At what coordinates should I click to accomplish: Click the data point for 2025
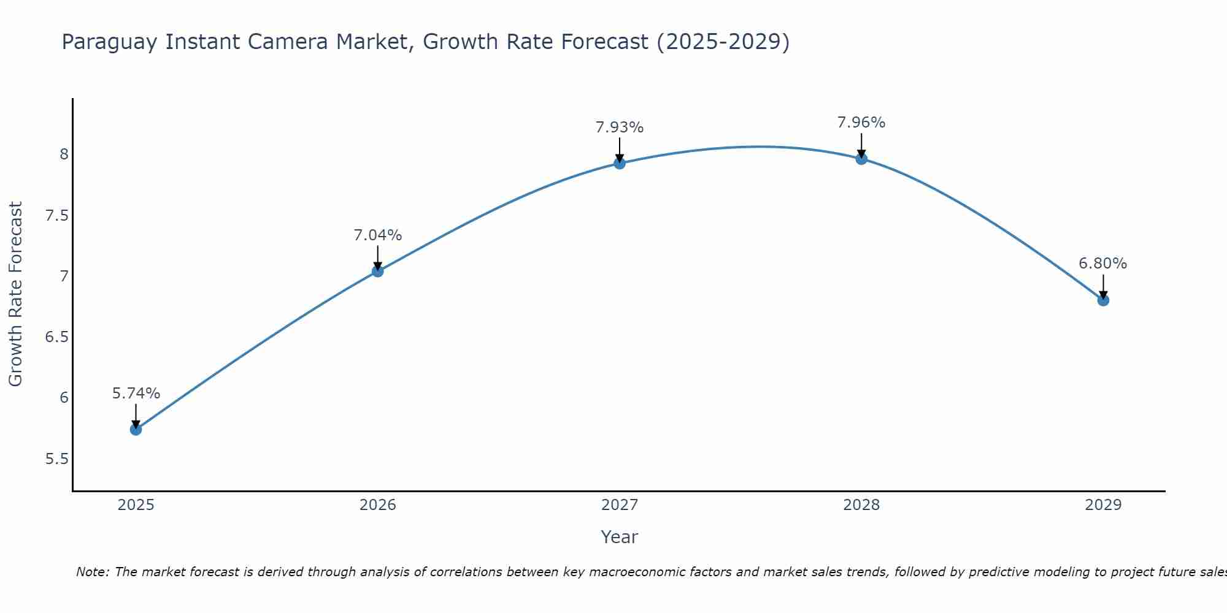[136, 429]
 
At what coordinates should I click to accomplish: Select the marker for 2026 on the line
[377, 271]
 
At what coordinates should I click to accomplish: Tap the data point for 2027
[619, 163]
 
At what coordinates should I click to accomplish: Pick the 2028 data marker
[861, 159]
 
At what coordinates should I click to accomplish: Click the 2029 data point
[1102, 300]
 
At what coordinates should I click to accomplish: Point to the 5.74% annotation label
[136, 394]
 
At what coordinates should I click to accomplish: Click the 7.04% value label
[377, 235]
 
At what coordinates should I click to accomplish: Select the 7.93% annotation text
[619, 128]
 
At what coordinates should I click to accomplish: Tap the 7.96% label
[861, 123]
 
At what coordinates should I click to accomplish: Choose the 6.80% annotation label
[1102, 264]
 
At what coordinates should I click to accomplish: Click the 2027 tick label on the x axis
[619, 505]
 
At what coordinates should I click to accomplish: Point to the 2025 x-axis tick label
[136, 505]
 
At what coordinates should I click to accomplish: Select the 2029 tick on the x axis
[1102, 505]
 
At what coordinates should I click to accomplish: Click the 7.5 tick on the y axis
[56, 216]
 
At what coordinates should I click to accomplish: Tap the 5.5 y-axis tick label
[56, 459]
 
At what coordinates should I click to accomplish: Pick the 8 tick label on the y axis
[64, 154]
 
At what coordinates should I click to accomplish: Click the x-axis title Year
[619, 537]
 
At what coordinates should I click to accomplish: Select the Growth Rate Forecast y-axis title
[16, 294]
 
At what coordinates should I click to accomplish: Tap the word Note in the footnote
[92, 572]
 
